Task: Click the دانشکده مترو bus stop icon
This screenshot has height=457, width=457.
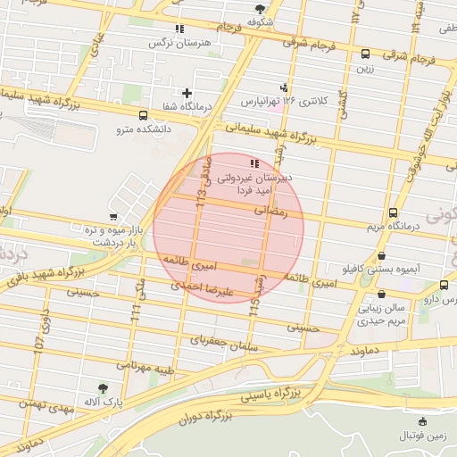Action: (144, 115)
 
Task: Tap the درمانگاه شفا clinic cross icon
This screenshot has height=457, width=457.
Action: (187, 93)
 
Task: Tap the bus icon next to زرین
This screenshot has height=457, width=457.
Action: (364, 54)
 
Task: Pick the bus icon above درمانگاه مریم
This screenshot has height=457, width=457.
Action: (394, 212)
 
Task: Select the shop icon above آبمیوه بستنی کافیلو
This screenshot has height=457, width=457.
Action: (382, 255)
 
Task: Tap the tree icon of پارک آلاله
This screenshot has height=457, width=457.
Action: (104, 388)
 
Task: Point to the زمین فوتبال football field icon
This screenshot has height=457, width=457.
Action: (422, 421)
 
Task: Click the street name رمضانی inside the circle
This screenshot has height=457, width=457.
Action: (273, 212)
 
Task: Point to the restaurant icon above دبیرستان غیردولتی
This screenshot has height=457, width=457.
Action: (254, 163)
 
